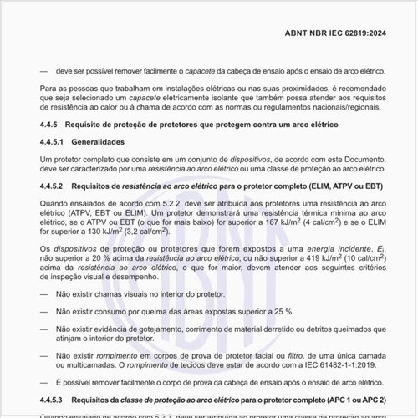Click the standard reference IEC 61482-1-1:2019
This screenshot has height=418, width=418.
344,364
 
